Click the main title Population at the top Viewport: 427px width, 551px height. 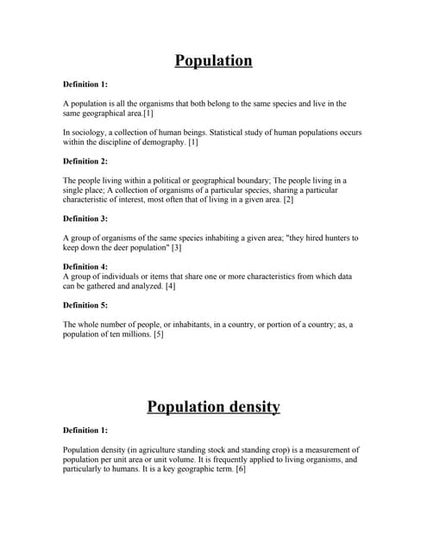pyautogui.click(x=213, y=60)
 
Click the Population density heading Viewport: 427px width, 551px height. pyautogui.click(x=213, y=406)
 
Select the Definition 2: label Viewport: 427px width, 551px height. pyautogui.click(x=85, y=161)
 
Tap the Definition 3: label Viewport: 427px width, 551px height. pyautogui.click(x=85, y=219)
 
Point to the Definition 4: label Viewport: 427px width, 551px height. pyautogui.click(x=85, y=267)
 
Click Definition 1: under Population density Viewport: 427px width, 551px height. pyautogui.click(x=85, y=430)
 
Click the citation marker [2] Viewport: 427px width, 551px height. pyautogui.click(x=289, y=200)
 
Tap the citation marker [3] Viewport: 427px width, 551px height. pyautogui.click(x=176, y=248)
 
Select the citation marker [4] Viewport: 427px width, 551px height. pyautogui.click(x=170, y=286)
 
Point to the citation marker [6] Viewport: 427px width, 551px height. pyautogui.click(x=241, y=469)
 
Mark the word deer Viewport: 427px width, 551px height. pyautogui.click(x=118, y=248)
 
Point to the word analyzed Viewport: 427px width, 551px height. pyautogui.click(x=144, y=286)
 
